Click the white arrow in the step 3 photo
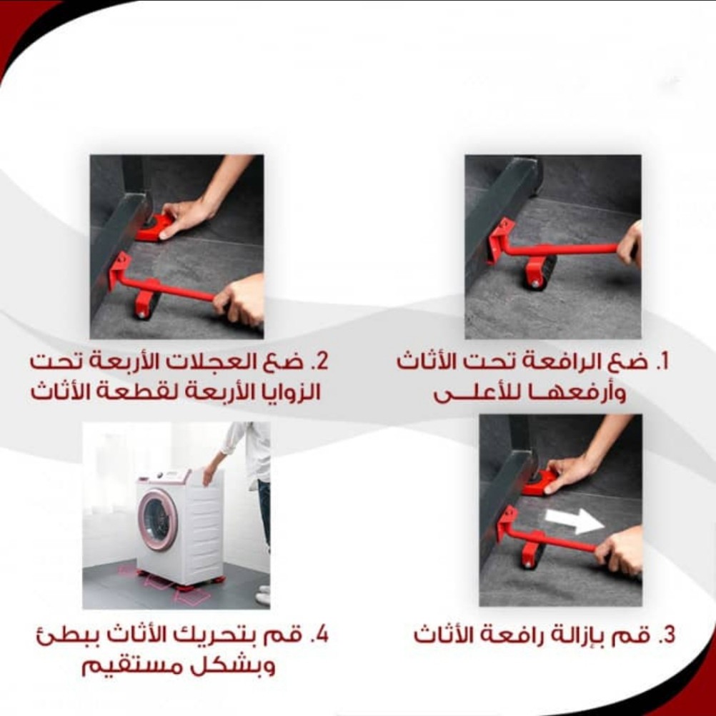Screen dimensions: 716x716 (575, 520)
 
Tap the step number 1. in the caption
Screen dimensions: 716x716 (662, 362)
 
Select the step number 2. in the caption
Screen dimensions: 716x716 (320, 362)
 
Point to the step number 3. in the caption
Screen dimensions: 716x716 (667, 635)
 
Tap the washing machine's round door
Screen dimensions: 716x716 (157, 519)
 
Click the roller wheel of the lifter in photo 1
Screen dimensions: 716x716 (540, 272)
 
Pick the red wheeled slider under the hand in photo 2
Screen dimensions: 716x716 (154, 227)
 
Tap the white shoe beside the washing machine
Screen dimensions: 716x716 (264, 597)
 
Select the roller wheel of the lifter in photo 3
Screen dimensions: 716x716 (532, 554)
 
